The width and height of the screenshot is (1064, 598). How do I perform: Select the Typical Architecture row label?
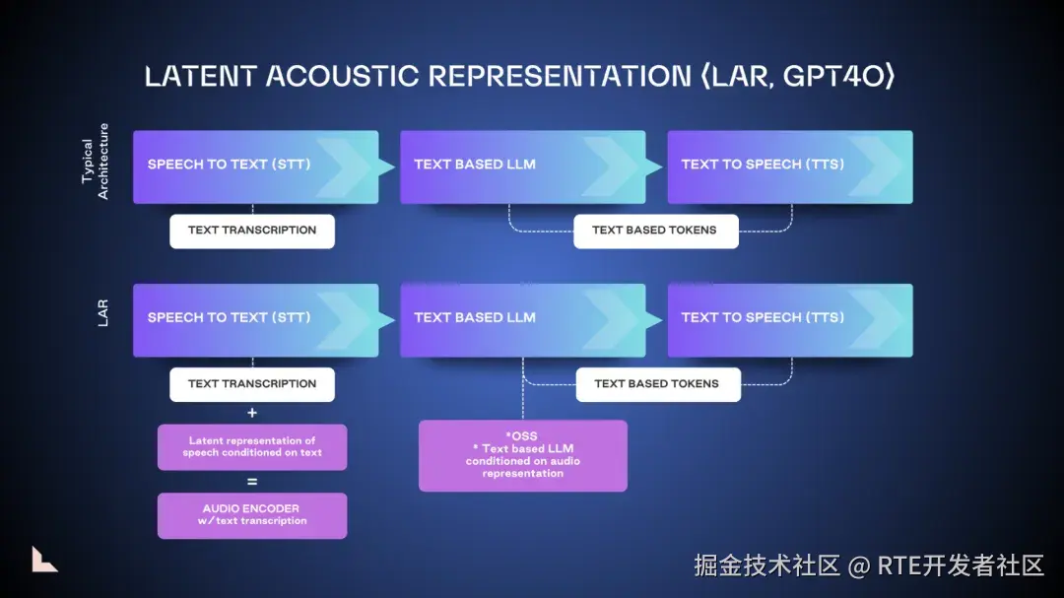[95, 162]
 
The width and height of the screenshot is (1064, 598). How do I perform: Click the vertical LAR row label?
[102, 313]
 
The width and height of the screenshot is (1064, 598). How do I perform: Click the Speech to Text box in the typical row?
[256, 166]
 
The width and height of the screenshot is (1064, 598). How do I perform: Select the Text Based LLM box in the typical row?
[522, 166]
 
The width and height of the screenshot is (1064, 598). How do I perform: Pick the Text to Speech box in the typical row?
[790, 166]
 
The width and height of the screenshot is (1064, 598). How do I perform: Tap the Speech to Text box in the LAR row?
[256, 320]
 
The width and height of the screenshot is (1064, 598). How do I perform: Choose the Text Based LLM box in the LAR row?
[522, 320]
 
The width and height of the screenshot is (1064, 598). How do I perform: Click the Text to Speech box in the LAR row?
[790, 320]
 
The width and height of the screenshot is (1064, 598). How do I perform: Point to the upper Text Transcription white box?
[252, 231]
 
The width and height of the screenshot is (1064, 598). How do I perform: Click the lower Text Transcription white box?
[252, 384]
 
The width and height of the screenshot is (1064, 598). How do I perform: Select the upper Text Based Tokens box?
[655, 231]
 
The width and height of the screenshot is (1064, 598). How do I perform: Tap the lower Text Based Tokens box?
[658, 384]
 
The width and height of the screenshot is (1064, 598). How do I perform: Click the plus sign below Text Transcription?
[252, 413]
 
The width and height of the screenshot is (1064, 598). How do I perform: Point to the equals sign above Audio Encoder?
[252, 481]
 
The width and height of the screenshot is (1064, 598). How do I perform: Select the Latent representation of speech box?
[252, 447]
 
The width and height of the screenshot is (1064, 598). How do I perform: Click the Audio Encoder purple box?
[252, 516]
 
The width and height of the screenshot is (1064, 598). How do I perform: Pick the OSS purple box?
[522, 455]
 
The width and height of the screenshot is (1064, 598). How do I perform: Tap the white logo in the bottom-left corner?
[43, 560]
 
